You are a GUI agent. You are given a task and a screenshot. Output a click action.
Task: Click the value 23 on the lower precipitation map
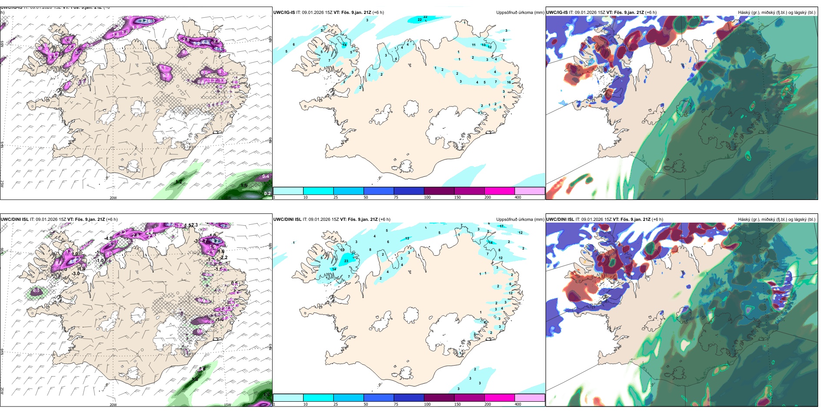pyautogui.click(x=346, y=261)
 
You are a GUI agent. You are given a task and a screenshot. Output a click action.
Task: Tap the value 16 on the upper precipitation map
pyautogui.click(x=509, y=82)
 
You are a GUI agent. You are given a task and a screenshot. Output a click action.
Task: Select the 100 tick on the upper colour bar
pyautogui.click(x=427, y=197)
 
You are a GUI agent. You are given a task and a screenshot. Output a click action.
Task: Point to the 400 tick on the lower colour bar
pyautogui.click(x=518, y=404)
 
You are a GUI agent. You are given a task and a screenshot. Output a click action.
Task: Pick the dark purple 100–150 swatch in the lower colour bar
pyautogui.click(x=439, y=398)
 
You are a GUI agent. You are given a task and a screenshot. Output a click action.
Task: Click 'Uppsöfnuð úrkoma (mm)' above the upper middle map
pyautogui.click(x=520, y=13)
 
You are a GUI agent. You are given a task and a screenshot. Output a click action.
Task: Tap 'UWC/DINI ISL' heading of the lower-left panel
pyautogui.click(x=14, y=220)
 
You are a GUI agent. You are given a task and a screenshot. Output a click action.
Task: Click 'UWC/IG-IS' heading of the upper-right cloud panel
pyautogui.click(x=557, y=13)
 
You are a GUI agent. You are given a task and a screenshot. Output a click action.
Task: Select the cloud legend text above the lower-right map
pyautogui.click(x=776, y=220)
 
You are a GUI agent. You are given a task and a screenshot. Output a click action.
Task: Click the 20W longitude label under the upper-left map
pyautogui.click(x=113, y=198)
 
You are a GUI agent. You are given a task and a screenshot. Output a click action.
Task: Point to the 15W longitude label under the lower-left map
pyautogui.click(x=227, y=405)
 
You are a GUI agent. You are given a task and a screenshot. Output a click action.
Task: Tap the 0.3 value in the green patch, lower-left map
pyautogui.click(x=36, y=290)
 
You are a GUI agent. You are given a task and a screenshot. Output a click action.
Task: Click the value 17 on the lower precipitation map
pyautogui.click(x=501, y=226)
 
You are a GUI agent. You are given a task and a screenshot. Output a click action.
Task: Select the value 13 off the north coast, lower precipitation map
pyautogui.click(x=407, y=239)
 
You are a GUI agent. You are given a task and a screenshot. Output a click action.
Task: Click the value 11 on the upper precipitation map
pyautogui.click(x=473, y=45)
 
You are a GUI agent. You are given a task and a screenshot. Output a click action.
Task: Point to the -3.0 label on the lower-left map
pyautogui.click(x=76, y=274)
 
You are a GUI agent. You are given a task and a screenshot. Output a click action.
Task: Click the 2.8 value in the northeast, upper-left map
pyautogui.click(x=186, y=40)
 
